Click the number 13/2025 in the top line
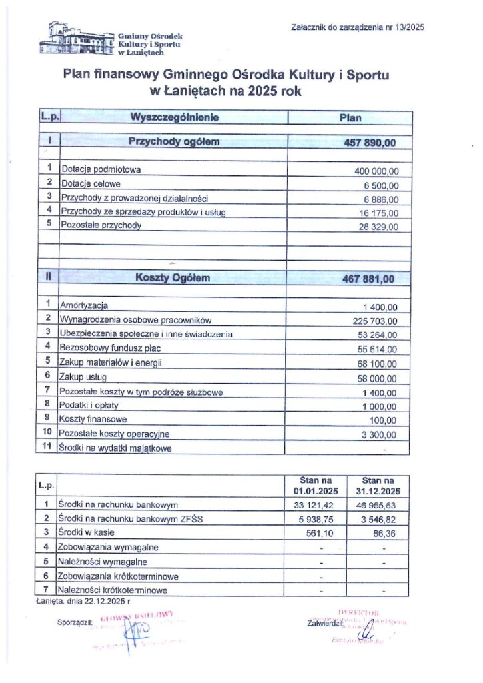pos(409,27)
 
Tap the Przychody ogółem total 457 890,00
pos(369,143)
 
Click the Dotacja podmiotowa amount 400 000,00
pos(376,171)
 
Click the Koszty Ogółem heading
pos(173,277)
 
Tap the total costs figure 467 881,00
pos(369,277)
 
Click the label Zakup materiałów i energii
pos(111,362)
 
